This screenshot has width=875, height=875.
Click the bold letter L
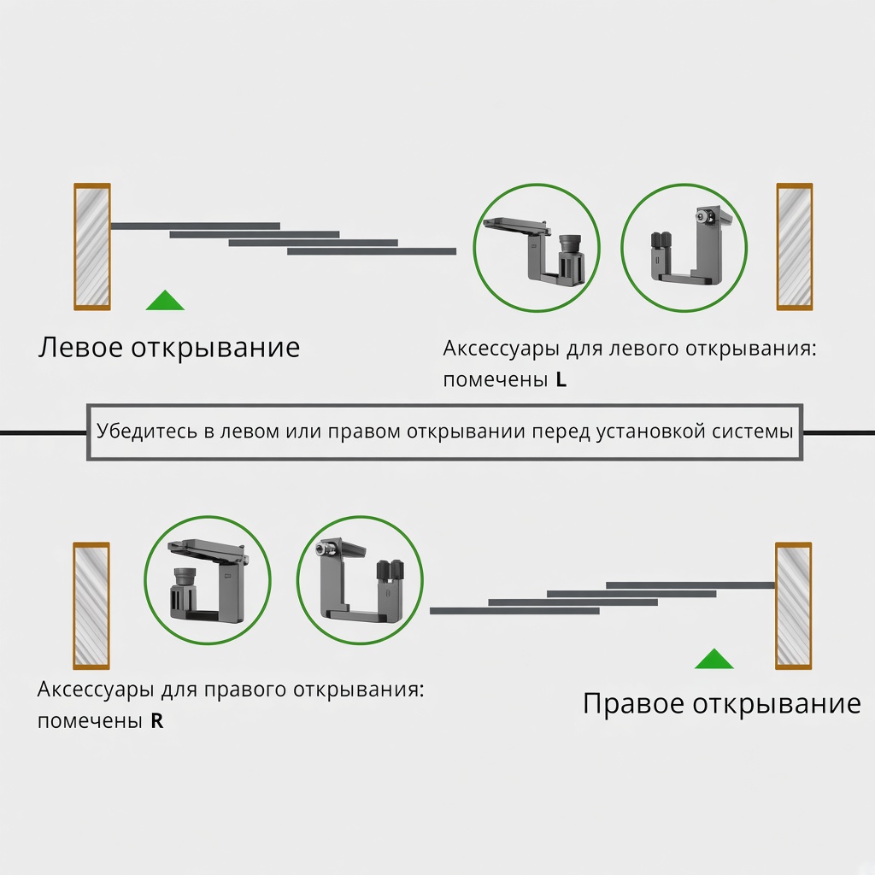coord(561,379)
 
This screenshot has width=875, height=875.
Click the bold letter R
coord(157,721)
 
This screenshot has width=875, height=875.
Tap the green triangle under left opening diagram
coord(165,300)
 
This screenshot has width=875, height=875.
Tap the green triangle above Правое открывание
coord(714,659)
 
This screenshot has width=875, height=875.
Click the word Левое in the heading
coord(80,347)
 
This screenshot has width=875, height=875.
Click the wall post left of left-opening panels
coord(92,247)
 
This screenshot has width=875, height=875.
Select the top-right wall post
coord(794,247)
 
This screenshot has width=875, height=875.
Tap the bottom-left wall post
coord(91,606)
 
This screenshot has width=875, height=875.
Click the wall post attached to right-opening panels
coord(794,606)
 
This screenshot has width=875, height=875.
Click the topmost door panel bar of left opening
coord(196,226)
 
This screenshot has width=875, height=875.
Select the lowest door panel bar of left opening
coord(372,252)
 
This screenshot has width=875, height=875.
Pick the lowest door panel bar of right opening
coord(514,611)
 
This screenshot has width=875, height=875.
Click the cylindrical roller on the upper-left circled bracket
coord(570,244)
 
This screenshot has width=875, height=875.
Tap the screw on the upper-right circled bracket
coord(703,217)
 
